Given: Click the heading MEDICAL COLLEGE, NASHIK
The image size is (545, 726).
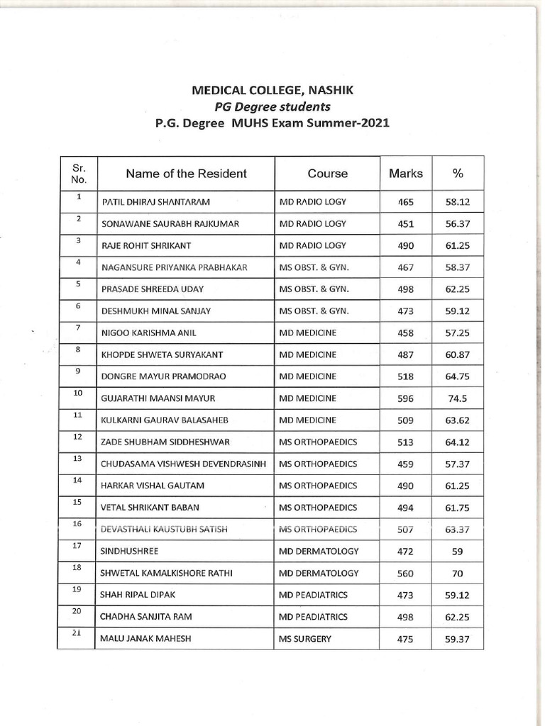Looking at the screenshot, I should click(272, 91).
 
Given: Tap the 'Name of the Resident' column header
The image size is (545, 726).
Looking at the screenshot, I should click(186, 174).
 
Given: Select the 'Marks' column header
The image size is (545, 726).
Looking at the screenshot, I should click(405, 174).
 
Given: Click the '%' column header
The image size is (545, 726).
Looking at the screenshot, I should click(458, 174).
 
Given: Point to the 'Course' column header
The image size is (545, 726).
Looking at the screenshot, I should click(327, 174).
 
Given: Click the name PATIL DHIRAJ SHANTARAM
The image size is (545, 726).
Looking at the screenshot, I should click(156, 202).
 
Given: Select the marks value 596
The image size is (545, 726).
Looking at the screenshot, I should click(405, 398).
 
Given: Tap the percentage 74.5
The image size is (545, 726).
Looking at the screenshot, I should click(458, 398).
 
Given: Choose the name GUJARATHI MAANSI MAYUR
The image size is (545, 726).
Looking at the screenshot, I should click(158, 398).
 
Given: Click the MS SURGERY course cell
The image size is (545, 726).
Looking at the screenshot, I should click(305, 639).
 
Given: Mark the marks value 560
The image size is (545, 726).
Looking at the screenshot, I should click(405, 574).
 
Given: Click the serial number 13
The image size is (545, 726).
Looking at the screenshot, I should click(78, 459).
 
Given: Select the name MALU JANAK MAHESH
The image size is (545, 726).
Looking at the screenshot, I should click(146, 639).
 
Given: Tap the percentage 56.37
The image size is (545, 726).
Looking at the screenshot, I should click(458, 224).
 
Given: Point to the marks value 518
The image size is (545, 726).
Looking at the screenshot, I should click(405, 376).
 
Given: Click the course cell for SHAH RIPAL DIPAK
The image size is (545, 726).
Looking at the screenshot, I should click(313, 595).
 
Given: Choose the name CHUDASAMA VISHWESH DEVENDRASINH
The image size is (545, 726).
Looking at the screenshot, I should click(184, 464).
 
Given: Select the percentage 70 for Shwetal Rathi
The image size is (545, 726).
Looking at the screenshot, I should click(458, 574).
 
